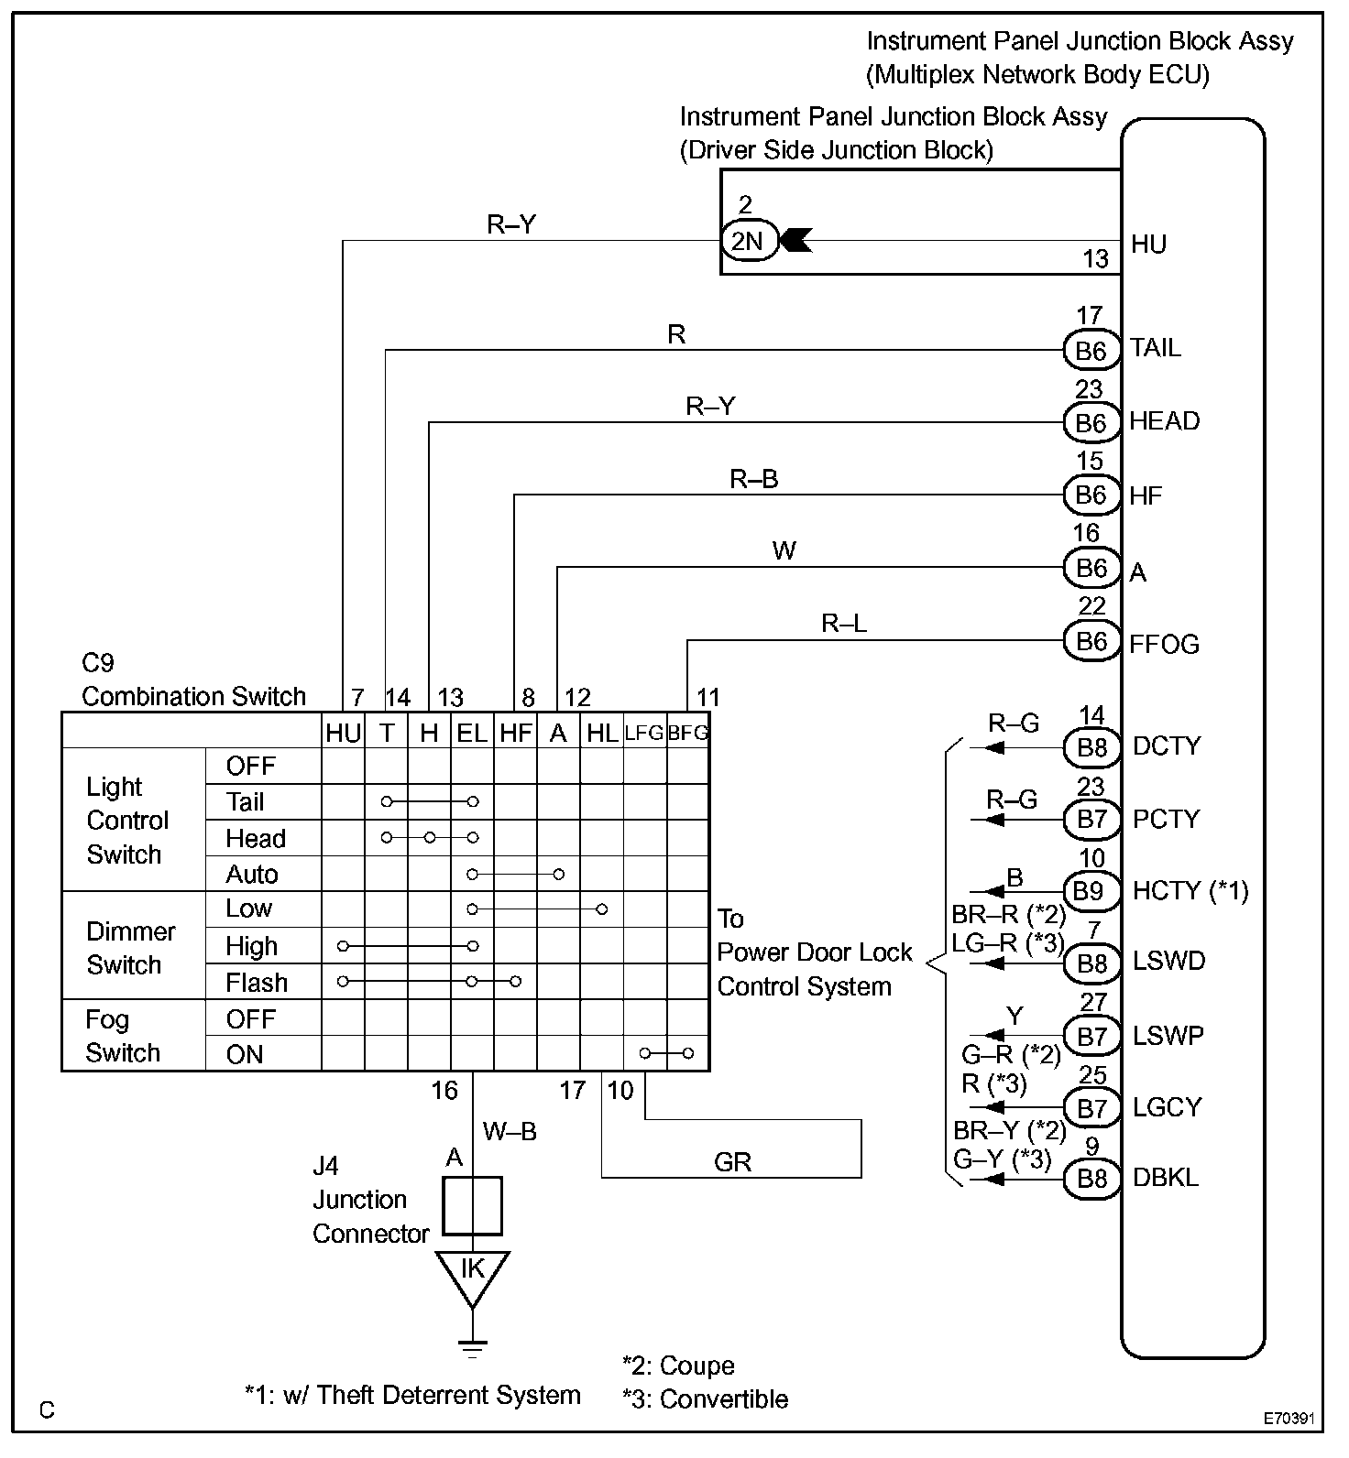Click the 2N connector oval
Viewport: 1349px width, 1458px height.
pos(747,241)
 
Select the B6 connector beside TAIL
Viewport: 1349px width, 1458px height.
pos(1091,351)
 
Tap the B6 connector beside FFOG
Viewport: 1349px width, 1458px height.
pos(1091,641)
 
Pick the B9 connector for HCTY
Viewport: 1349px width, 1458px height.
pos(1091,891)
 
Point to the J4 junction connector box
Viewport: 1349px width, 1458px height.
pos(472,1206)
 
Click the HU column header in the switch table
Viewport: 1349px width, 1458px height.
pos(343,733)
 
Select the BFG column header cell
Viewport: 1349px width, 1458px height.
pos(688,733)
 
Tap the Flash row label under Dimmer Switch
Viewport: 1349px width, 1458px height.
pos(257,983)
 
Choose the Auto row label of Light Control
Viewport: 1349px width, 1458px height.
pos(252,875)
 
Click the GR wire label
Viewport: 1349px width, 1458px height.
pos(732,1162)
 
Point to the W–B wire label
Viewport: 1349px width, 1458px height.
pos(510,1132)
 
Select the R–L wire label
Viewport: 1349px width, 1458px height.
pos(844,624)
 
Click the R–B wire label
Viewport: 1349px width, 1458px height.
pos(753,479)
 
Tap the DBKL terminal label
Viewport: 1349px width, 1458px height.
pos(1166,1178)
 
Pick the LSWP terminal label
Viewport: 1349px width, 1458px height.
pos(1168,1036)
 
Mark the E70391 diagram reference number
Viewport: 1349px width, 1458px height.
pos(1289,1419)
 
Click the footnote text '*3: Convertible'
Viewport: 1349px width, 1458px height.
pos(705,1399)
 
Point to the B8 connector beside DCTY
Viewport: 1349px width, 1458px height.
pos(1091,748)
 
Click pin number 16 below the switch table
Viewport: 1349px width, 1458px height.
pos(444,1091)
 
